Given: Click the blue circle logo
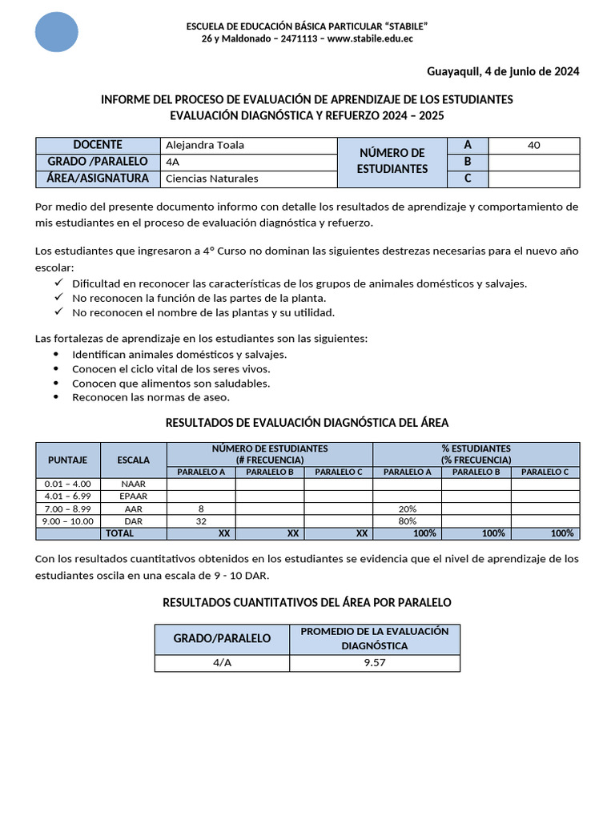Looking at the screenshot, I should click(57, 32).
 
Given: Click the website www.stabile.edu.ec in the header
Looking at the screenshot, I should click(370, 38).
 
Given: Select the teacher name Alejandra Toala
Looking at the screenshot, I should click(204, 145).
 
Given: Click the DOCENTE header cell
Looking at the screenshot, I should click(98, 145).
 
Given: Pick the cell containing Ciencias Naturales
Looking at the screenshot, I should click(211, 179).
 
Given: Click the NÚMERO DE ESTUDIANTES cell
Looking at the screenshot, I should click(392, 162).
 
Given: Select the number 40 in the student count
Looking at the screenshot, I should click(534, 145).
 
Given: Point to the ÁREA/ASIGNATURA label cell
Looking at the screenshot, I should click(98, 179).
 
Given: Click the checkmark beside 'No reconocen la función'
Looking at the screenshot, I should click(58, 297).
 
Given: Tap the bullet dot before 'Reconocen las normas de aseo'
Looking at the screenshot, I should click(55, 397).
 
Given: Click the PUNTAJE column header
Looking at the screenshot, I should click(68, 460).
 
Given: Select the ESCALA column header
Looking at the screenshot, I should click(133, 460).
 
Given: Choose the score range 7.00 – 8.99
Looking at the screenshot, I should click(68, 508).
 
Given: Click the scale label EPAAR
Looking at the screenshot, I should click(133, 496).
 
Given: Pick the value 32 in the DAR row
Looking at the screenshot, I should click(200, 521).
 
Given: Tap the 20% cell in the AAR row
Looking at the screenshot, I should click(407, 508).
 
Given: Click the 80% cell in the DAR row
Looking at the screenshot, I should click(407, 521).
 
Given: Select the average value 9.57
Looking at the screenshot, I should click(375, 663).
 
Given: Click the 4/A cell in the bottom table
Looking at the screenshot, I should click(222, 663).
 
